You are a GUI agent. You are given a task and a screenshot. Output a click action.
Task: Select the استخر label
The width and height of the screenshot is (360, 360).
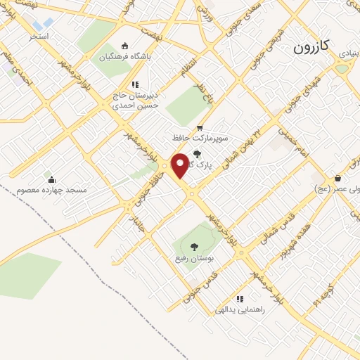39,34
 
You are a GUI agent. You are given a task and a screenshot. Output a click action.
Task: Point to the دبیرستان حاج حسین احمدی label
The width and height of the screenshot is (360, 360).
136,99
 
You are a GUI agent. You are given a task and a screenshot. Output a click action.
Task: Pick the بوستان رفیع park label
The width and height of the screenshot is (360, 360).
195,259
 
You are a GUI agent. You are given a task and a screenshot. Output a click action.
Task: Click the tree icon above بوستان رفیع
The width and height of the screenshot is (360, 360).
194,247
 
